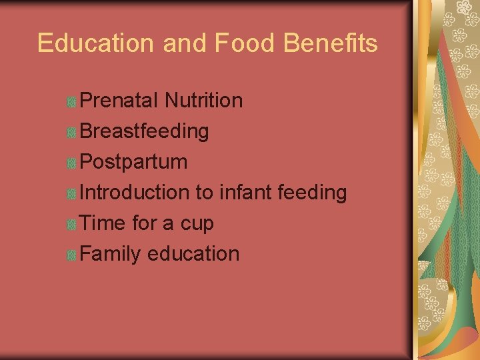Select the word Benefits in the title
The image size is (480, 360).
click(x=330, y=43)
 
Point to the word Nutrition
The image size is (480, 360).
click(x=203, y=101)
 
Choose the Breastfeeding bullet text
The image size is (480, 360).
click(x=144, y=131)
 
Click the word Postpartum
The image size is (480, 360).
click(x=133, y=162)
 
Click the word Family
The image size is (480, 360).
click(x=111, y=254)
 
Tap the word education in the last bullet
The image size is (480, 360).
click(x=193, y=254)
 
